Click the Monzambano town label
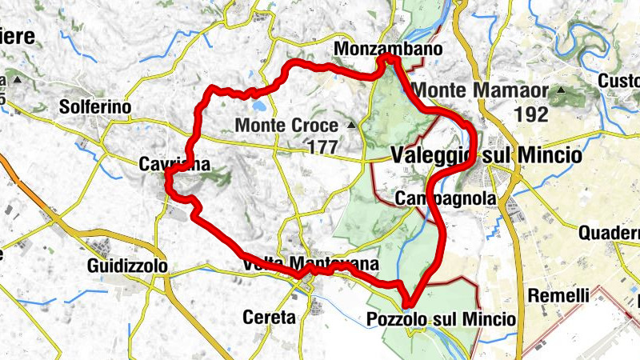388,50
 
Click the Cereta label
268,318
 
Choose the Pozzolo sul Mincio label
440,320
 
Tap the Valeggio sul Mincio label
486,155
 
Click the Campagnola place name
446,198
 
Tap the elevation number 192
531,114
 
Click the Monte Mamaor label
479,90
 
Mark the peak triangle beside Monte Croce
351,125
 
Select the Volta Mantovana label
308,264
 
